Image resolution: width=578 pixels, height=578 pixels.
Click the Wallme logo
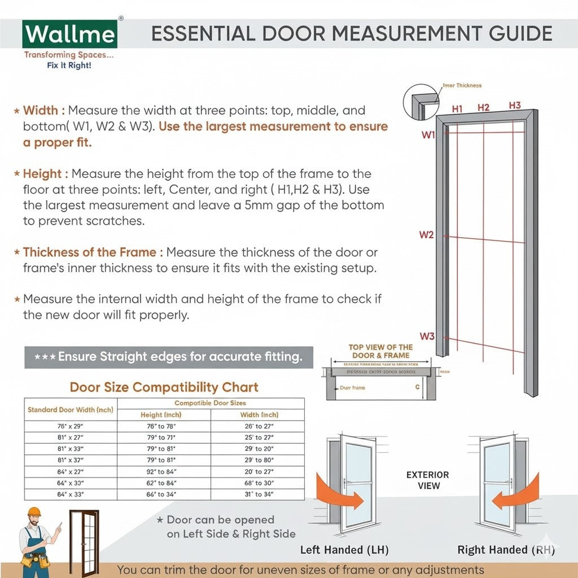[69, 35]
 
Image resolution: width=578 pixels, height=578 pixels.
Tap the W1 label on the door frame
[428, 135]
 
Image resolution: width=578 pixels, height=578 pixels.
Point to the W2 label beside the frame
[426, 235]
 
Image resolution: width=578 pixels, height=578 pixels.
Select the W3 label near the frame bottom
[427, 336]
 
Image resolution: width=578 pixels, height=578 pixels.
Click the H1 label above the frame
[457, 108]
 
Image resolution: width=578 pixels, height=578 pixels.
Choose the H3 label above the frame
[514, 106]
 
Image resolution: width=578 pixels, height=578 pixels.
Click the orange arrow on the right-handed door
[516, 494]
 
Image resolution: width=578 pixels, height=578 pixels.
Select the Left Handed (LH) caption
[344, 549]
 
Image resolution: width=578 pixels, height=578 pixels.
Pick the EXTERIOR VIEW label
[428, 480]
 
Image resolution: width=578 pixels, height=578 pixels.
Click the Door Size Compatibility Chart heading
[164, 387]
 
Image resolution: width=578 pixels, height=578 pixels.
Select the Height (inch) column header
[161, 415]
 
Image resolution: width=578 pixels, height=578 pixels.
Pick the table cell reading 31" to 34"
[257, 494]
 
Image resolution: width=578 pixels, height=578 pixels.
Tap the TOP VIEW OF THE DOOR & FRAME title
[380, 351]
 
